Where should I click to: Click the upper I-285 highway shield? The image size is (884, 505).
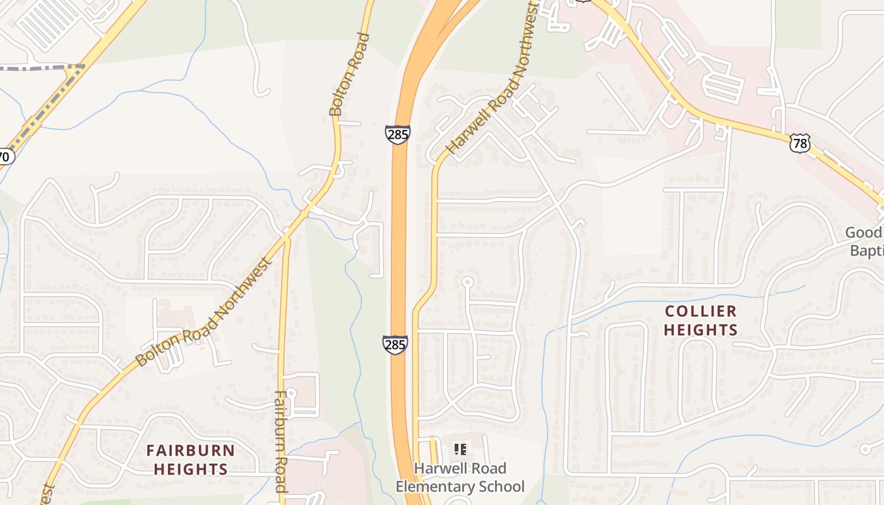397,134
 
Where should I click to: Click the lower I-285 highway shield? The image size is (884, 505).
395,345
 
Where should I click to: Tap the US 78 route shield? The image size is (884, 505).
799,143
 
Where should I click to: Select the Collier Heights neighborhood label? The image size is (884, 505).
700,320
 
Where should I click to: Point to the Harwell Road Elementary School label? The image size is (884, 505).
460,477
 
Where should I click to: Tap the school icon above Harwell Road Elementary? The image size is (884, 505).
461,449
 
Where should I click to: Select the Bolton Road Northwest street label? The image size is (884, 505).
204,311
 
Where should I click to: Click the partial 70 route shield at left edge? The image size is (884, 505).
5,157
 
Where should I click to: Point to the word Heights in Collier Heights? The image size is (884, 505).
700,330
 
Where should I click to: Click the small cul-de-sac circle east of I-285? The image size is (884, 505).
467,282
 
